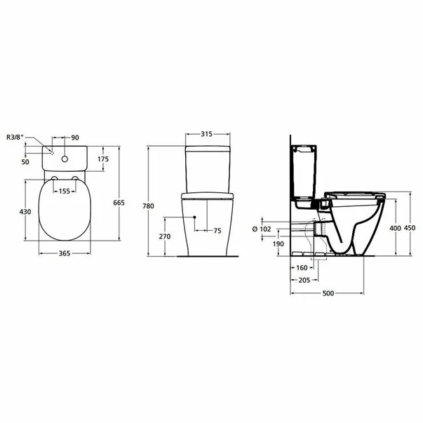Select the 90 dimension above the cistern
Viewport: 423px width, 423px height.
[76, 137]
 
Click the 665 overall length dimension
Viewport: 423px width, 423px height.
[119, 203]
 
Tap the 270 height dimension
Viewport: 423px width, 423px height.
[166, 236]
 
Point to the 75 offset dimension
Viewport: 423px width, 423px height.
[217, 230]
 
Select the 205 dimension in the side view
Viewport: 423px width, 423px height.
[304, 279]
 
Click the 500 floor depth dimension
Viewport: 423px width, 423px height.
[327, 293]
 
